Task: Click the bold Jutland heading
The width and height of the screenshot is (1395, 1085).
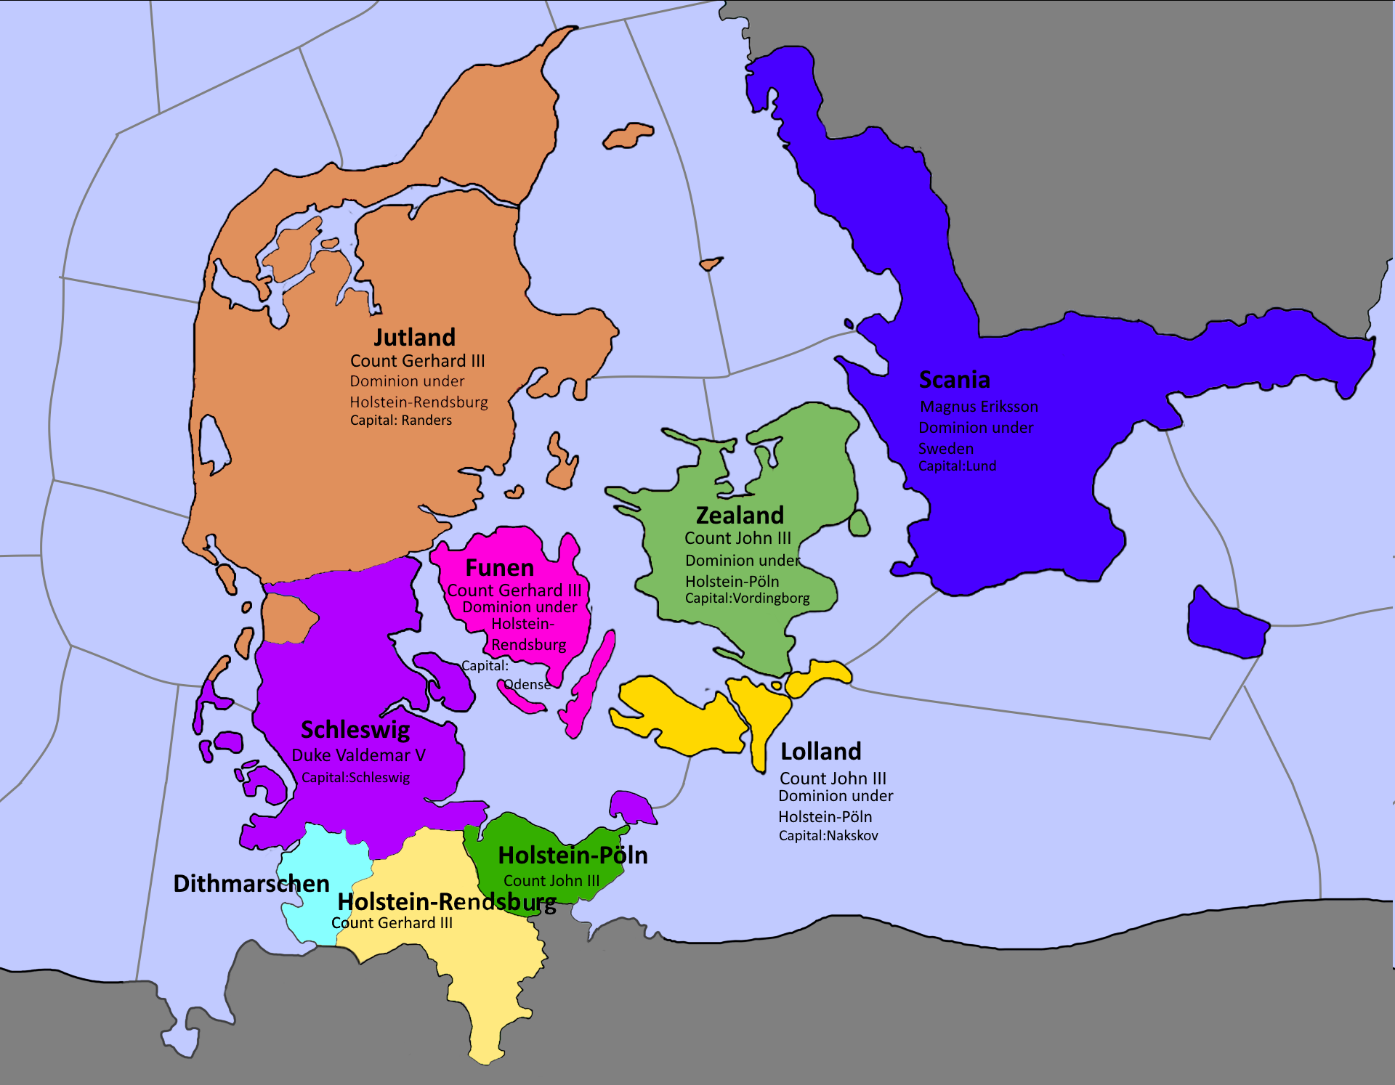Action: (x=414, y=338)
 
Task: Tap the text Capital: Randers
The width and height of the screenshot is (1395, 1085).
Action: (x=400, y=420)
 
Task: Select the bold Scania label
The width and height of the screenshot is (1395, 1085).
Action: (x=954, y=380)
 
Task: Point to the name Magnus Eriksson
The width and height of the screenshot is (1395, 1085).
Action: (x=979, y=407)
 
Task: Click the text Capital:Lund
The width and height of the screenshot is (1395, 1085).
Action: (x=957, y=466)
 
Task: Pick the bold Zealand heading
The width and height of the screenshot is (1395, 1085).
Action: (x=740, y=516)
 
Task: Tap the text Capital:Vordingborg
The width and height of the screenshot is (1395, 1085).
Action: (x=747, y=598)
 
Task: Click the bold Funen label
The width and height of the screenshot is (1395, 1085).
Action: (x=499, y=568)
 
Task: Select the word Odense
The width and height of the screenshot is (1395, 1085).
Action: (x=527, y=685)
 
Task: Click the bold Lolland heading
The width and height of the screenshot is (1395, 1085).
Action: (x=820, y=752)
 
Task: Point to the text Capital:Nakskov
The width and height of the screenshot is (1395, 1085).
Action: (x=828, y=836)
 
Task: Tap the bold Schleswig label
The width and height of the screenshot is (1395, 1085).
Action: (x=355, y=730)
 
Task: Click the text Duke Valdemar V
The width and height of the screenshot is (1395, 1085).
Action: (x=358, y=755)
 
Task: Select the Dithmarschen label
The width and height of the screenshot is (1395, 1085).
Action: (x=251, y=884)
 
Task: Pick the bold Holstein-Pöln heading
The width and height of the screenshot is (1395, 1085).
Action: (x=573, y=856)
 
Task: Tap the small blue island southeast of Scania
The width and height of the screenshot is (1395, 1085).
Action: (x=1226, y=625)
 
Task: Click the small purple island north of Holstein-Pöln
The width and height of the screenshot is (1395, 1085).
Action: (x=631, y=806)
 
